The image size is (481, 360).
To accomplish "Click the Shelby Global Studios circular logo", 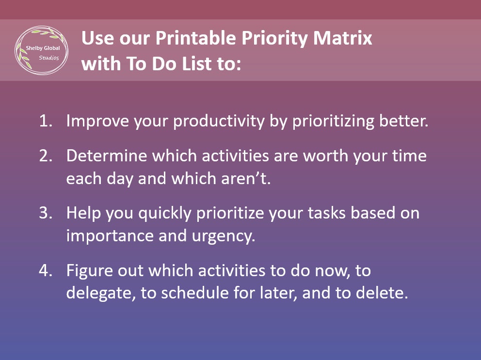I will tap(41, 50).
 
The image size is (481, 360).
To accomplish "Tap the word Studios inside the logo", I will tap(48, 58).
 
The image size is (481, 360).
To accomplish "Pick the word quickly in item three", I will tap(165, 213).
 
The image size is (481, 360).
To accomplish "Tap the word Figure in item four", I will tap(87, 270).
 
